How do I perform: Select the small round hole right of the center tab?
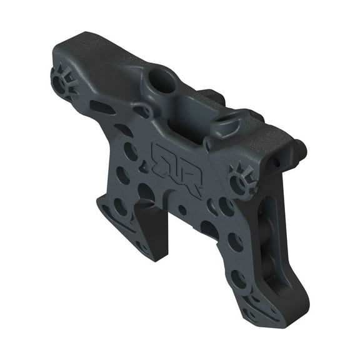181,210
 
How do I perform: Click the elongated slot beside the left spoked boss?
102,107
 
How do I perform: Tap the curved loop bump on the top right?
232,124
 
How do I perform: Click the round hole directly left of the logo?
131,151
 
